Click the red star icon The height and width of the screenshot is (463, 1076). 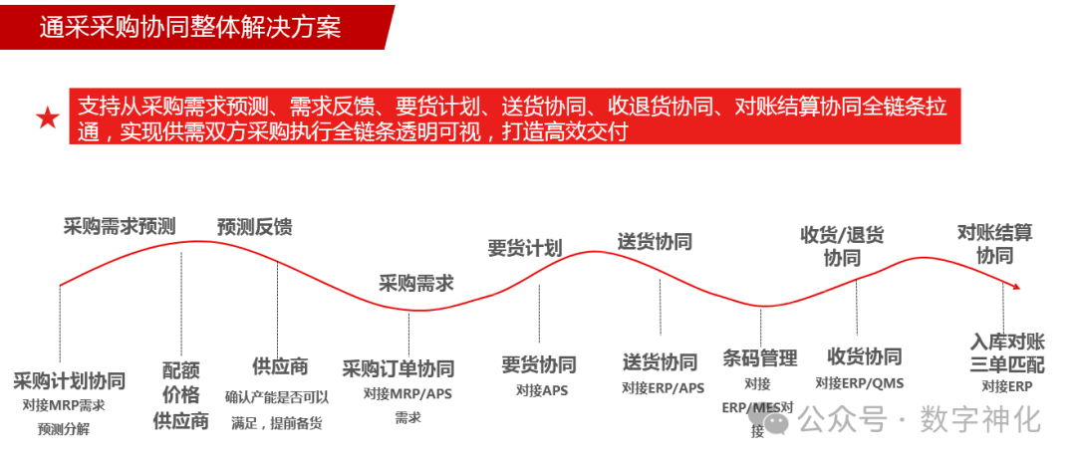(x=47, y=118)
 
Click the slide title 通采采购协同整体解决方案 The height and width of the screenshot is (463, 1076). (x=190, y=26)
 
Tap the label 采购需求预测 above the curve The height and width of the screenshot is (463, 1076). (x=120, y=226)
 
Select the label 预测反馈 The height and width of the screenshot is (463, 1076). (x=255, y=227)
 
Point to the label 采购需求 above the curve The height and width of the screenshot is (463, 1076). (x=415, y=283)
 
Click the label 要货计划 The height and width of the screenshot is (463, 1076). (x=524, y=248)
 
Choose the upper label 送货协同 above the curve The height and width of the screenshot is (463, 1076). (x=654, y=241)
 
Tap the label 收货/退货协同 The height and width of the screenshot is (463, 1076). (x=842, y=247)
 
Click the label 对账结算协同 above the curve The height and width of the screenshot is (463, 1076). (x=994, y=244)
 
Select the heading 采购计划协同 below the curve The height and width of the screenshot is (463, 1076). (x=70, y=381)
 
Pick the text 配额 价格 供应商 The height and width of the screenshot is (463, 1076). (x=180, y=395)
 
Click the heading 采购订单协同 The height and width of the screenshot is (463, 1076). (x=398, y=368)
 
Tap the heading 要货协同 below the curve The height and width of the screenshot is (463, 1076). (x=538, y=364)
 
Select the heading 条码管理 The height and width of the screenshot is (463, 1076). (x=760, y=358)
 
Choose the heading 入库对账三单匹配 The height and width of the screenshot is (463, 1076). (x=1007, y=352)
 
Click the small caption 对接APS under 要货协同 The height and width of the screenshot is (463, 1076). (x=542, y=390)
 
